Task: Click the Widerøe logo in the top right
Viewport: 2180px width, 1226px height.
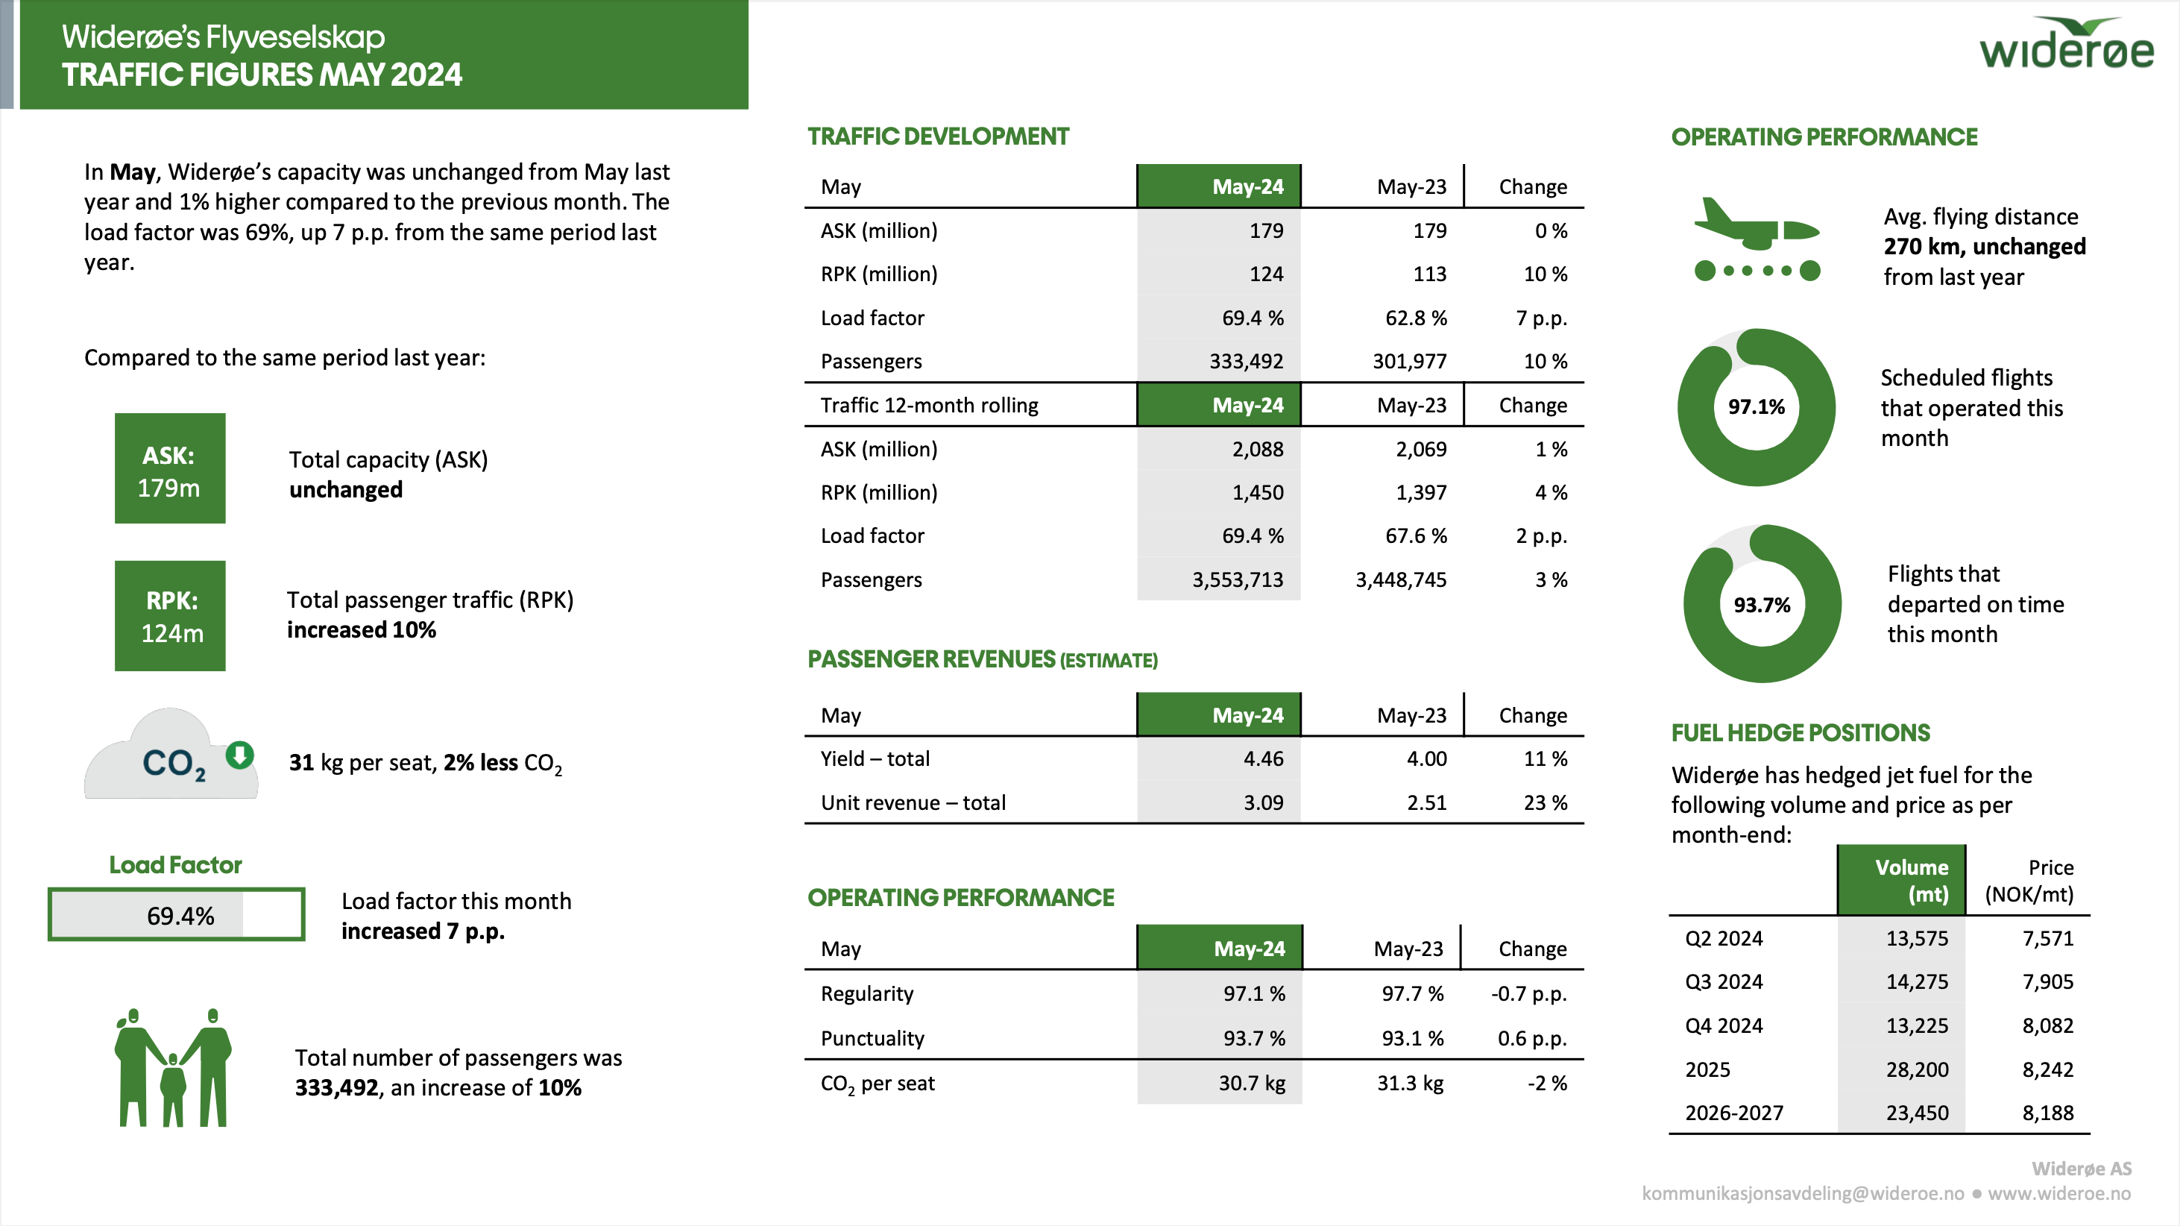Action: click(x=2066, y=44)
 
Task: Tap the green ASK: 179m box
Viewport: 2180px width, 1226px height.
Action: click(x=170, y=468)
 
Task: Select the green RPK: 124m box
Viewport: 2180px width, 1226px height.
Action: click(x=170, y=615)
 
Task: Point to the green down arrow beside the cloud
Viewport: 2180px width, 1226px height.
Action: click(x=240, y=753)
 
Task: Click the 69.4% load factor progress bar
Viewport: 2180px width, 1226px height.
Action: click(x=176, y=914)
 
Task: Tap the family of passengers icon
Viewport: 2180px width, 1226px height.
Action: click(x=173, y=1068)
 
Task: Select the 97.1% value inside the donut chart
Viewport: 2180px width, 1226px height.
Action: click(x=1756, y=407)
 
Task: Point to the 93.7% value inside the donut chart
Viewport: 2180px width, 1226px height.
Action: click(x=1762, y=605)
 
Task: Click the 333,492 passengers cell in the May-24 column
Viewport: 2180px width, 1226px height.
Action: click(x=1246, y=362)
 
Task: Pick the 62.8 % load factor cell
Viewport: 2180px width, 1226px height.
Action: click(x=1416, y=318)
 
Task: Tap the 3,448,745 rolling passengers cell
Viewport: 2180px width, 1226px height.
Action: click(x=1401, y=580)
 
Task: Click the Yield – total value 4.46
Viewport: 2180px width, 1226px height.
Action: click(x=1263, y=758)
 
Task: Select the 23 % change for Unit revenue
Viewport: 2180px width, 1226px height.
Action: click(x=1546, y=802)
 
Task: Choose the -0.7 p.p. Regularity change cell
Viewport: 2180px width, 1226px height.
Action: click(x=1528, y=994)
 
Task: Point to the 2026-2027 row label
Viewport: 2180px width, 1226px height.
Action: click(x=1734, y=1113)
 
